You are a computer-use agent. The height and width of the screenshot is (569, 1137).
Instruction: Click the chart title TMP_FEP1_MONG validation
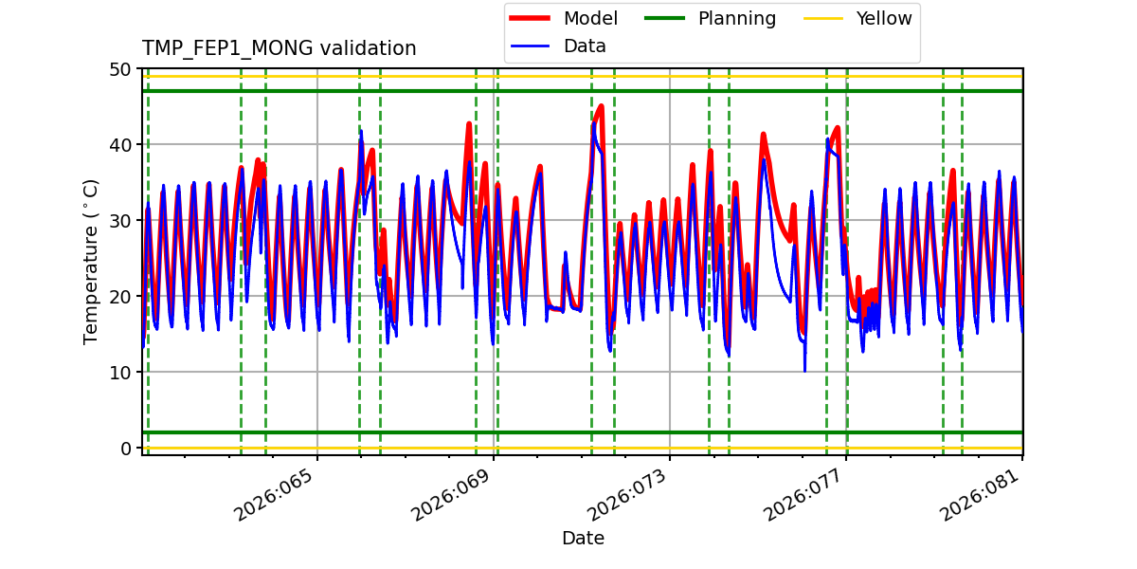(279, 48)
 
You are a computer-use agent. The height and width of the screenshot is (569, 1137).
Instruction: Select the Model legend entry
(589, 18)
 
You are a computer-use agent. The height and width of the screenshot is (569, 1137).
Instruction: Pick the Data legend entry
(585, 46)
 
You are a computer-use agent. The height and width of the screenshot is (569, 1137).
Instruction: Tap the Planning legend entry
(736, 18)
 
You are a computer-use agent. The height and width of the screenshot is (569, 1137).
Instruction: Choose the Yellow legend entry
(883, 18)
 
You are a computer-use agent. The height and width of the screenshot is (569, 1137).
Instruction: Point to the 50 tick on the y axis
(121, 69)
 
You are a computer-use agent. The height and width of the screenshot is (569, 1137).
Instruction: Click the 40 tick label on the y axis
(121, 145)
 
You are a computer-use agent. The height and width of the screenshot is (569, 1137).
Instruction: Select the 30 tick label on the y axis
(121, 221)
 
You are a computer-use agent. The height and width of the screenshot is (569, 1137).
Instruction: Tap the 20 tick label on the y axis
(121, 297)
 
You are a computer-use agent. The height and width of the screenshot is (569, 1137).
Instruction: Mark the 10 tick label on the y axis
(121, 373)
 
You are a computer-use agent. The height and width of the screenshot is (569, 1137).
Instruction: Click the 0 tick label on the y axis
(126, 449)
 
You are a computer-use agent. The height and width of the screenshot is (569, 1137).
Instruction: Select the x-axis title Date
(583, 539)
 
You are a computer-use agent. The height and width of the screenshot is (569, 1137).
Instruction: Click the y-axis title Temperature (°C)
(91, 261)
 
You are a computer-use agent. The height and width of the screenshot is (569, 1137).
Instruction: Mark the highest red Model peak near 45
(601, 106)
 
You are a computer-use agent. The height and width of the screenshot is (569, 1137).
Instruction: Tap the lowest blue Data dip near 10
(804, 371)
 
